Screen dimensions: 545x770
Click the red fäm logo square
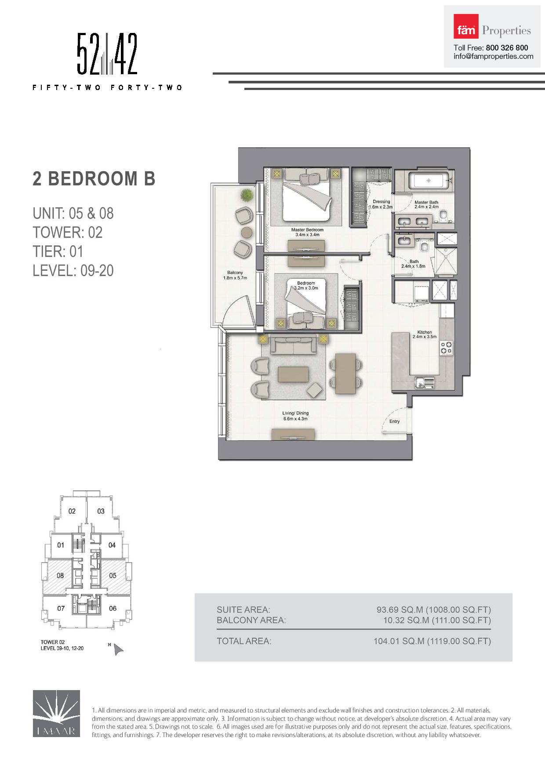pyautogui.click(x=466, y=26)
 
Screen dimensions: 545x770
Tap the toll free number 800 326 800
pyautogui.click(x=507, y=48)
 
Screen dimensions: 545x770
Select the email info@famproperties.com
pyautogui.click(x=494, y=56)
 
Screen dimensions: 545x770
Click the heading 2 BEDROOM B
pyautogui.click(x=94, y=179)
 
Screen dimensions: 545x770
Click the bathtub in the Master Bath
pyautogui.click(x=429, y=181)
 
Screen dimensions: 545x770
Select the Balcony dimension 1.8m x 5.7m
pyautogui.click(x=235, y=278)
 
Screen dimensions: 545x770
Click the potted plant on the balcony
pyautogui.click(x=247, y=195)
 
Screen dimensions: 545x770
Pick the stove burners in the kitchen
pyautogui.click(x=447, y=348)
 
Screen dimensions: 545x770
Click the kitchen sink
pyautogui.click(x=424, y=383)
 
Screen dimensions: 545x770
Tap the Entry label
pyautogui.click(x=394, y=421)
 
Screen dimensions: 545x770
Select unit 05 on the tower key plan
pyautogui.click(x=113, y=576)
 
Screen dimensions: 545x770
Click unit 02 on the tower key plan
pyautogui.click(x=72, y=511)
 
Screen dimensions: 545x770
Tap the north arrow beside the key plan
pyautogui.click(x=118, y=649)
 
